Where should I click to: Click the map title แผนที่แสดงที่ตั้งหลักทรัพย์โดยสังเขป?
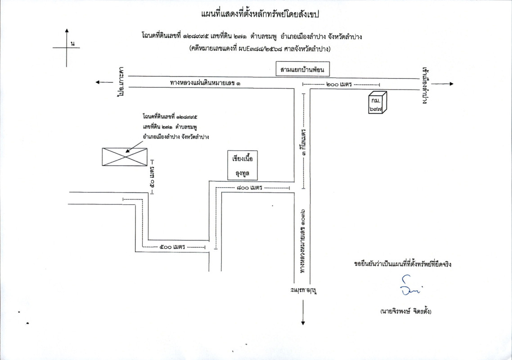pos(260,14)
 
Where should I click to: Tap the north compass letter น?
pos(72,44)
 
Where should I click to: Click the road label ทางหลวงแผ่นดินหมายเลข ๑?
pos(205,83)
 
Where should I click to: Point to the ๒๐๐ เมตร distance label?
pos(341,85)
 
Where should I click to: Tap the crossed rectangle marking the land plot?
pos(124,157)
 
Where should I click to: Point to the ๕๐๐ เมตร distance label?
pos(173,247)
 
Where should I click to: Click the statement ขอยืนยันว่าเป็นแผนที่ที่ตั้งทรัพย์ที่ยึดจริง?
pos(403,264)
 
